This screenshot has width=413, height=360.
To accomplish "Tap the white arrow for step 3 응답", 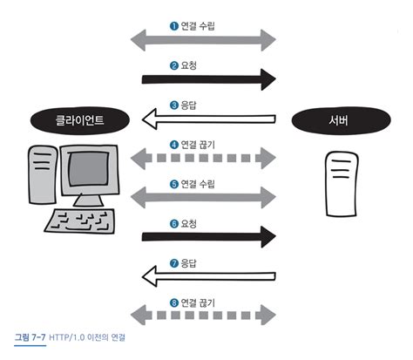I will (x=209, y=119).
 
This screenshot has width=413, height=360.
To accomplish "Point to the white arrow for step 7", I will (x=209, y=276).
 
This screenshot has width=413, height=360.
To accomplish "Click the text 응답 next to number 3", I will (x=189, y=105).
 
